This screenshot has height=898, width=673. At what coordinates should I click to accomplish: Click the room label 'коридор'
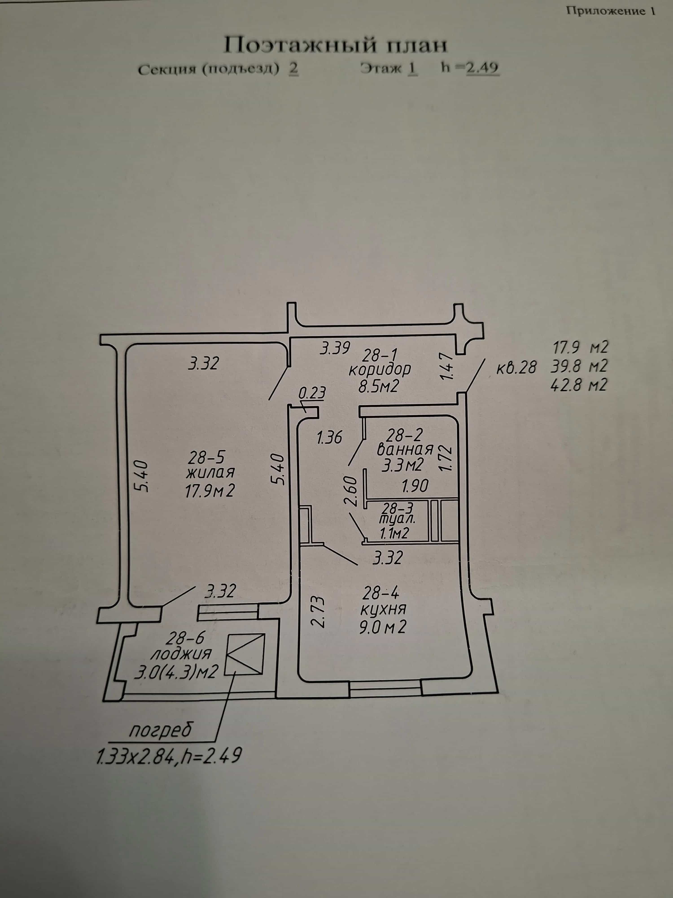(380, 370)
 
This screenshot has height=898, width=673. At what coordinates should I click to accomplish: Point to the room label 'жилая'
(211, 473)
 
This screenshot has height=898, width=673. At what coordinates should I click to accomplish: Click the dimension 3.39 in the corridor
(335, 348)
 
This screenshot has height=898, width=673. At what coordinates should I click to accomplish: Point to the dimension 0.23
(312, 393)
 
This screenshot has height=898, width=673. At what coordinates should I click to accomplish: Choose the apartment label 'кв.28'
(516, 368)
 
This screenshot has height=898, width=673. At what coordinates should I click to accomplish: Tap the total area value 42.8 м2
(579, 384)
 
